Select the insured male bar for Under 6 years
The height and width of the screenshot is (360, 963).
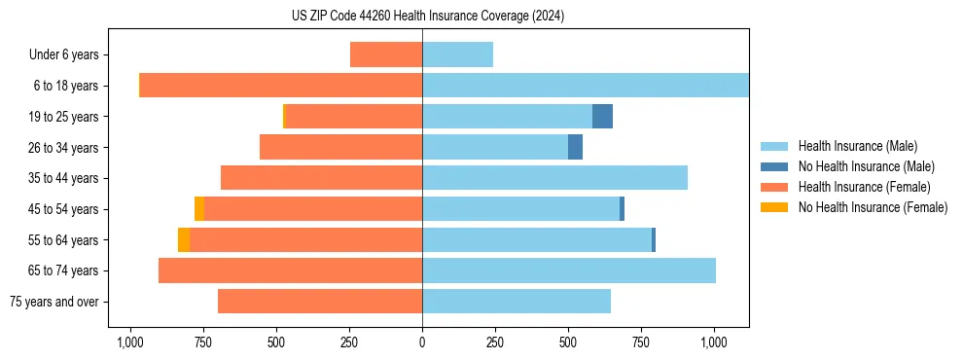click(x=457, y=54)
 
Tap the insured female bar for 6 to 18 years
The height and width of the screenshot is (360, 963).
click(x=281, y=86)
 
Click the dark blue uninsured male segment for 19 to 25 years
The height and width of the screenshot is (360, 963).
click(x=602, y=117)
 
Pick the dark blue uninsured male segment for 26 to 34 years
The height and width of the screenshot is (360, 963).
click(x=575, y=147)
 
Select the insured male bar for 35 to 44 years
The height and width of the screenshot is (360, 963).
click(x=554, y=178)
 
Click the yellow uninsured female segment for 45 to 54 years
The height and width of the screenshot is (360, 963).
click(x=199, y=209)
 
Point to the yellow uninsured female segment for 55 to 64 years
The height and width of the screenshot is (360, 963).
click(x=184, y=239)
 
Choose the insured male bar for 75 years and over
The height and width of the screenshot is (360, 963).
click(x=517, y=302)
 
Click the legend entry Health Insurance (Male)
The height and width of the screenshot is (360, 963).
click(x=857, y=146)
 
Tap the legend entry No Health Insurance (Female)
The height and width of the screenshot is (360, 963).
click(x=873, y=207)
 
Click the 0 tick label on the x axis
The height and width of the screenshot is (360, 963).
click(x=422, y=342)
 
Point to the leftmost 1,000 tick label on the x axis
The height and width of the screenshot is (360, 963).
click(x=130, y=342)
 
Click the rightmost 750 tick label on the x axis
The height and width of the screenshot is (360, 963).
click(x=641, y=342)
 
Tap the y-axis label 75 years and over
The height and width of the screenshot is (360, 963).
click(x=53, y=302)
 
